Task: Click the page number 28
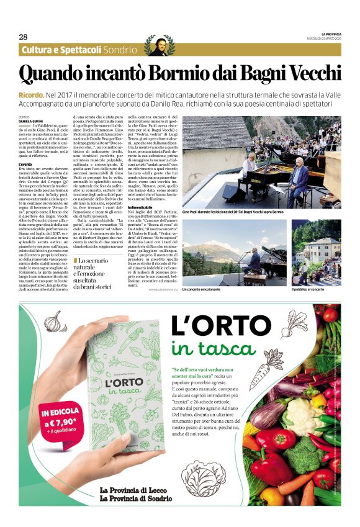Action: pos(23,37)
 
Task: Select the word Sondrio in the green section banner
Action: pos(120,50)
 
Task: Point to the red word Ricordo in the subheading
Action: pos(30,94)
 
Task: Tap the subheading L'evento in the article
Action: pos(26,164)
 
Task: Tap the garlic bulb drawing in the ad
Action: pos(56,323)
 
